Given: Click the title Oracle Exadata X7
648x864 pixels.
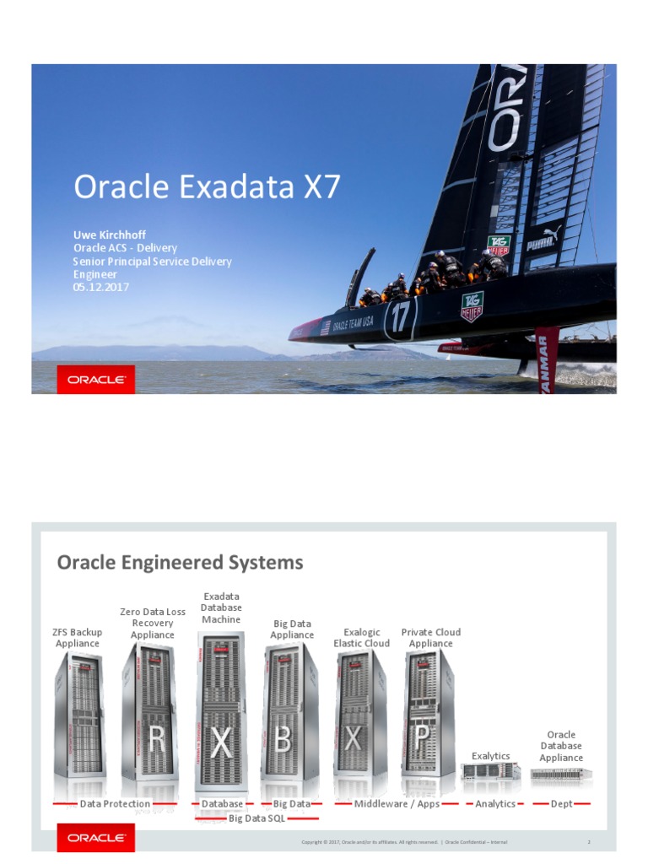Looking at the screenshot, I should (207, 186).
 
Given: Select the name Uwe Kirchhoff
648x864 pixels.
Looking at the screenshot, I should (110, 235).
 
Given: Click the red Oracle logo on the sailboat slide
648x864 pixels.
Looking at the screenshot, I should (96, 380).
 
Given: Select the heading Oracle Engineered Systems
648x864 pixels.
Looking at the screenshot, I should (180, 563).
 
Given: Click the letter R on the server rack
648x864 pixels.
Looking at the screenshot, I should (157, 741).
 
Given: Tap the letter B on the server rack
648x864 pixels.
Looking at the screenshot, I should (283, 741).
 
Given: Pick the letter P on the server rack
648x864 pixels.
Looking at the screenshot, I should (423, 739).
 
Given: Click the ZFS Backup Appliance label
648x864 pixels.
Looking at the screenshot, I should (78, 638).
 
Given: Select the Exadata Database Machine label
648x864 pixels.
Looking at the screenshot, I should (221, 608).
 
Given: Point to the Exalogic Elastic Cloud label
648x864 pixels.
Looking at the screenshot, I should (361, 638).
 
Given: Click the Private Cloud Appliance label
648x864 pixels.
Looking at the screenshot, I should (431, 638).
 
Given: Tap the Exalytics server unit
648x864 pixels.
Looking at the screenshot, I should (490, 771).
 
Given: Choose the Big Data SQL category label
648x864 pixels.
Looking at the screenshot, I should (257, 818).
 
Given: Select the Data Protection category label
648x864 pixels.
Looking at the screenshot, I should (115, 804).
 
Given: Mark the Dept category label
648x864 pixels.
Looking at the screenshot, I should (561, 804).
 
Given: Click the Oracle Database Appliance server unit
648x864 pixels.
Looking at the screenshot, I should (561, 773).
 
